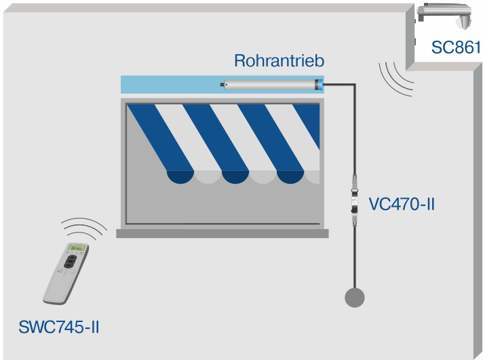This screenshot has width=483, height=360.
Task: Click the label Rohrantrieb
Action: [279, 61]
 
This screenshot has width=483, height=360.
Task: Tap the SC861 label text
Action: [456, 47]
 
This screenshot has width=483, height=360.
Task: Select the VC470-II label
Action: [401, 203]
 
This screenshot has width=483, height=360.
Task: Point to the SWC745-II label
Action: [60, 327]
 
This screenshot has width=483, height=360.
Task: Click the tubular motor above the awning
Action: [271, 85]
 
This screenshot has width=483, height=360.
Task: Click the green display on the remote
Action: [75, 247]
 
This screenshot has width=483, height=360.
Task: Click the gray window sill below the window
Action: [222, 233]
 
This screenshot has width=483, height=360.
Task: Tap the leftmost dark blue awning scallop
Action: [180, 177]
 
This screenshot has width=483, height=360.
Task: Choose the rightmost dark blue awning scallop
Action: [291, 177]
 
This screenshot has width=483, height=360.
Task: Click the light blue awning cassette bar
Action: [170, 85]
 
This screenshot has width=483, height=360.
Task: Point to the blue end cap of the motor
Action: [318, 85]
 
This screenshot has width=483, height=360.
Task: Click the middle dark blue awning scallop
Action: [235, 177]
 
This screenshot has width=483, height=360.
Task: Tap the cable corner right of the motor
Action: [353, 85]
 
